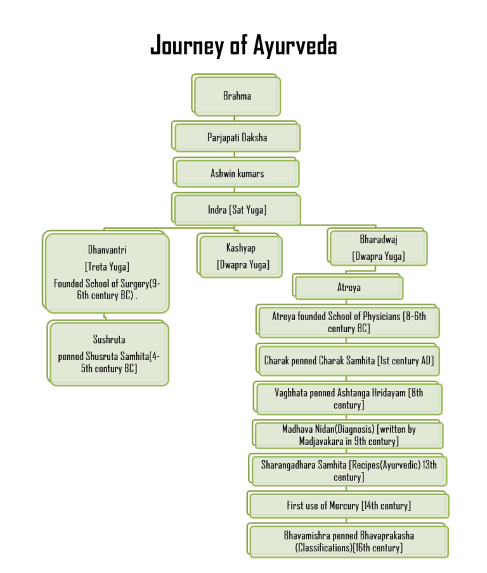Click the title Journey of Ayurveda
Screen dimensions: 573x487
tap(243, 46)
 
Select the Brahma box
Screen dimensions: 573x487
tap(237, 96)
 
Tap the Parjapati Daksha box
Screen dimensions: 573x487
tap(237, 137)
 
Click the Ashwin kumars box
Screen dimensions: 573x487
tap(237, 173)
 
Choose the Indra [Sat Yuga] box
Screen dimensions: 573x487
tap(237, 209)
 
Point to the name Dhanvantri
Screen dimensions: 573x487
tap(107, 250)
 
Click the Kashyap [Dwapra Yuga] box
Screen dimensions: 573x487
tap(241, 256)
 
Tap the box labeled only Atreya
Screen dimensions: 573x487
tap(349, 287)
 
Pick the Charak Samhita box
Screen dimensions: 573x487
tap(349, 360)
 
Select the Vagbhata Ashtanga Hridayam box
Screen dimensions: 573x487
tap(349, 399)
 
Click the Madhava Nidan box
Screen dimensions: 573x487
tap(349, 435)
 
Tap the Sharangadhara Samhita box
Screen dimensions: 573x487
tap(349, 470)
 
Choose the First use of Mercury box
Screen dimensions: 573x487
tap(349, 505)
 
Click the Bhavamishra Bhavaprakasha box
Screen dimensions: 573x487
tap(349, 541)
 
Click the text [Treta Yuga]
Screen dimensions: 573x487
tap(107, 267)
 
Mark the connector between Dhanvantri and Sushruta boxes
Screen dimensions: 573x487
tap(105, 317)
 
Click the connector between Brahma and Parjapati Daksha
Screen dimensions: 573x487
tap(234, 119)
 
